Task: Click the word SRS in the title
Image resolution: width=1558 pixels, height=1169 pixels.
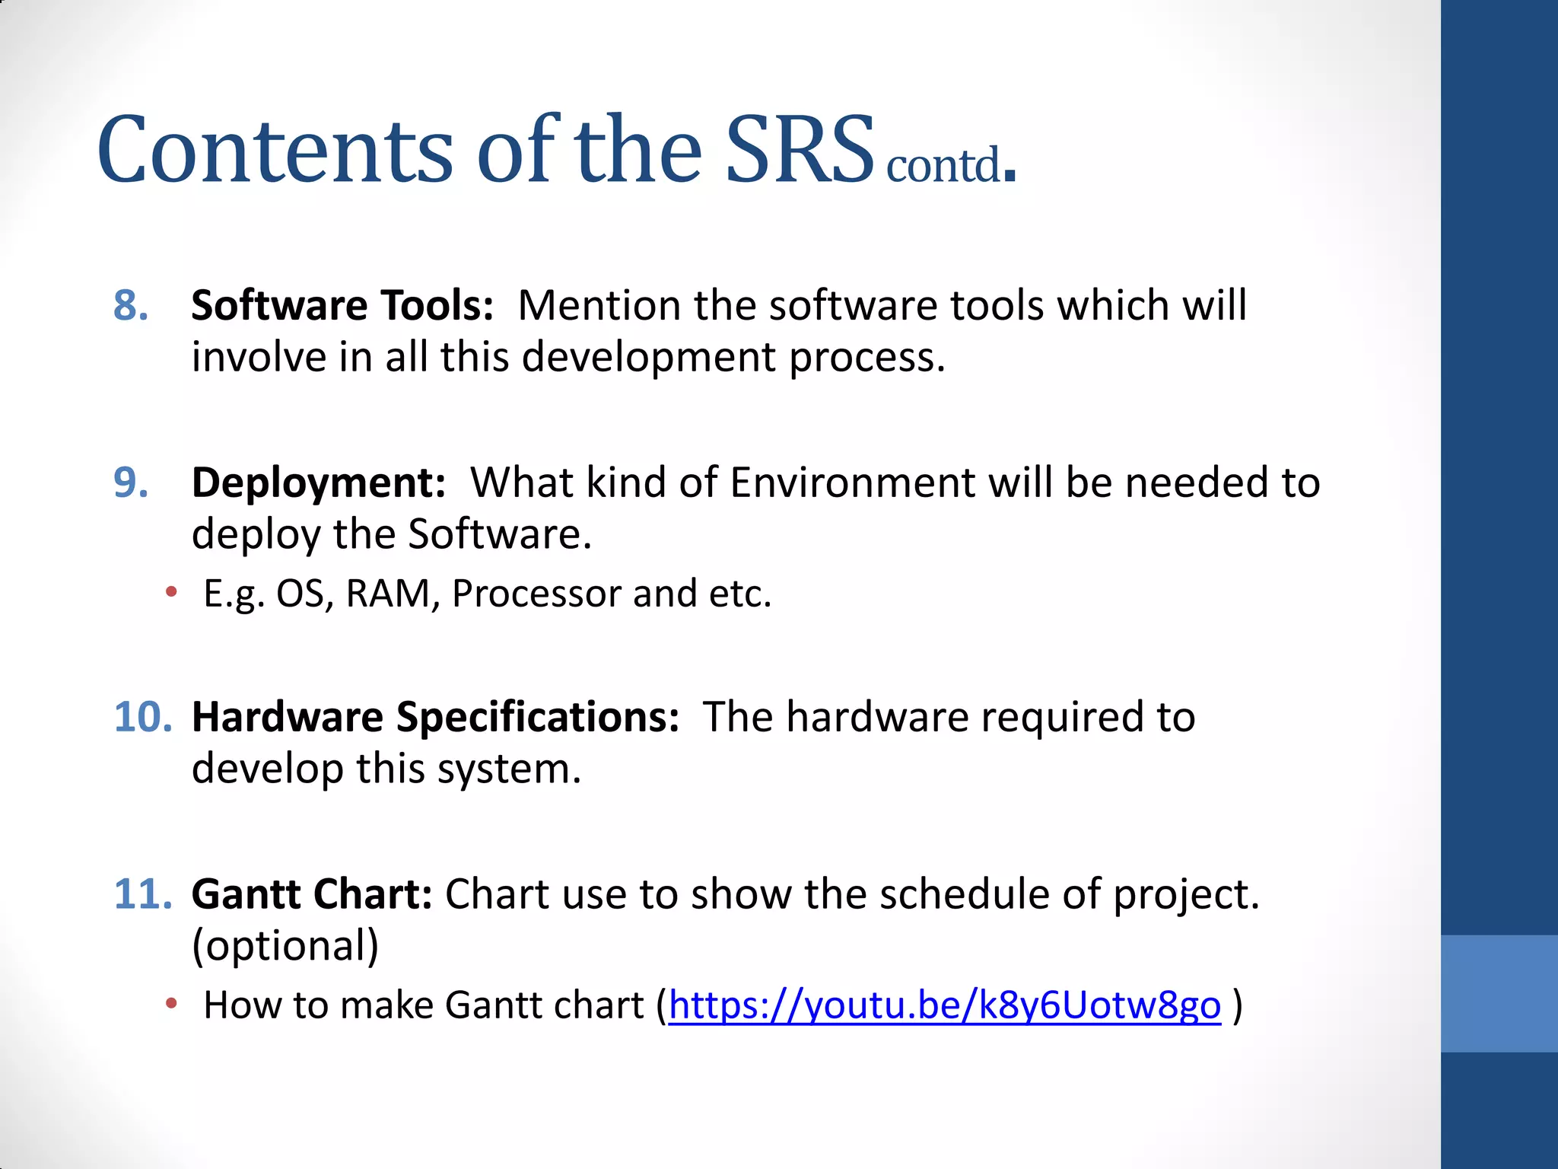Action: [799, 150]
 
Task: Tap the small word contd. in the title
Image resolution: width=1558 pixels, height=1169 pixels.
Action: [949, 165]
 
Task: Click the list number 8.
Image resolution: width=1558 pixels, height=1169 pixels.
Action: [131, 306]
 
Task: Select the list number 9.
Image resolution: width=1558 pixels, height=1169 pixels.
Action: [131, 483]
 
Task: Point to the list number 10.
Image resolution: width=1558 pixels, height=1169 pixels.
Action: [143, 717]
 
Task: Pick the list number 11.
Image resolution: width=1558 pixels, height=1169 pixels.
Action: [143, 894]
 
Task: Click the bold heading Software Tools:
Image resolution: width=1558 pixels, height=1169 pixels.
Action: [342, 306]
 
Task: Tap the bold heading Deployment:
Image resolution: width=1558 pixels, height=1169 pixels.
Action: [318, 483]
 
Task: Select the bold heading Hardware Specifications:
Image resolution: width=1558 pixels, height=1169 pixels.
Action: [435, 717]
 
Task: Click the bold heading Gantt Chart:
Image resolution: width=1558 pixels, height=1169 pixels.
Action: [312, 894]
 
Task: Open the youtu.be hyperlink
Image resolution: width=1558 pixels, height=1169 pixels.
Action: [944, 1005]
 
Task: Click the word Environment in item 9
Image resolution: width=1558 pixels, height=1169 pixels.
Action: [852, 483]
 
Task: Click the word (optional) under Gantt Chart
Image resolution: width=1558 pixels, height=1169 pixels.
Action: [285, 946]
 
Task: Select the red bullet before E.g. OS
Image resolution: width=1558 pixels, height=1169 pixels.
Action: [172, 591]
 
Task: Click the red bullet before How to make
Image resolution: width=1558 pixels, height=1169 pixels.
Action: [172, 1004]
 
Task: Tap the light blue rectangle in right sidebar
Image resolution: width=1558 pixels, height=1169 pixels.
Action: [1499, 993]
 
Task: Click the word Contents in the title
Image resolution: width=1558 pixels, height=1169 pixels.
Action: [275, 150]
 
